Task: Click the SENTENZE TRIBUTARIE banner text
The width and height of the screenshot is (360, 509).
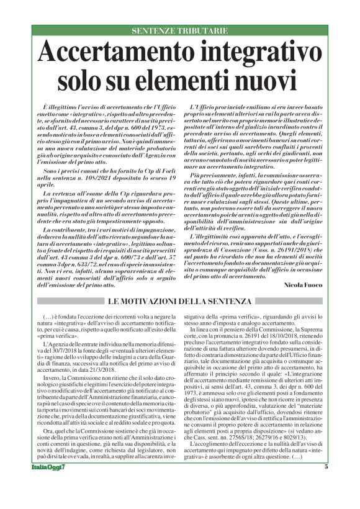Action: [179, 30]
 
